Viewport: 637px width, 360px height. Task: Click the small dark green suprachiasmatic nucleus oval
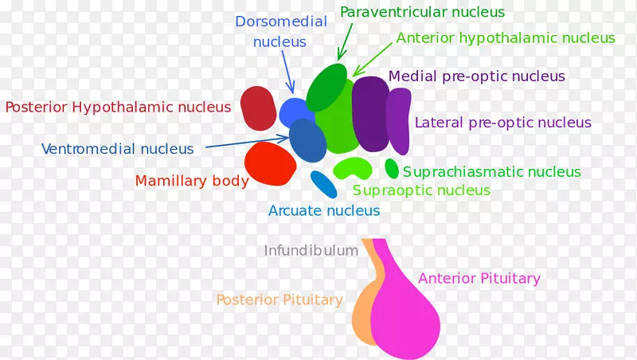click(x=392, y=168)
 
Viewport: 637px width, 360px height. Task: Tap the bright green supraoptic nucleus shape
click(x=352, y=167)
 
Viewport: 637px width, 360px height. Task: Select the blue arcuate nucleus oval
click(x=324, y=185)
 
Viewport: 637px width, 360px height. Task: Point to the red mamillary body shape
click(x=270, y=163)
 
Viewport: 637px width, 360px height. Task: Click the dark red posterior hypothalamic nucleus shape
click(x=258, y=108)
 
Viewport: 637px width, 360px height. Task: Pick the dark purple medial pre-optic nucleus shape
click(x=370, y=114)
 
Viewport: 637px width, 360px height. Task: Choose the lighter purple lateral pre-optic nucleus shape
click(x=399, y=121)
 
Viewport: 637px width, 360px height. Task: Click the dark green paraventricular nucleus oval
click(x=326, y=87)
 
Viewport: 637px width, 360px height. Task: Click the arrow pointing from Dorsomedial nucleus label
click(x=287, y=72)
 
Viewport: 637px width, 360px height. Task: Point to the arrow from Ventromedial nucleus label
click(x=248, y=143)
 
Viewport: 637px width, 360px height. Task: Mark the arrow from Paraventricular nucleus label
click(x=345, y=42)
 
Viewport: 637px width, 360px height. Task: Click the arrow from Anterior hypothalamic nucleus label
click(x=373, y=59)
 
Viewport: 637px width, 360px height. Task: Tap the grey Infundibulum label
click(x=311, y=250)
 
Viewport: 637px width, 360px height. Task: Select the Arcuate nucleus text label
click(x=324, y=210)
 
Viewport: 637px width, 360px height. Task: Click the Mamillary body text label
click(x=192, y=181)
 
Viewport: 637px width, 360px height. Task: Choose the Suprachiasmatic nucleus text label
click(x=492, y=171)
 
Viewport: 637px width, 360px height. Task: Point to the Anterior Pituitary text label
click(x=479, y=278)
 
